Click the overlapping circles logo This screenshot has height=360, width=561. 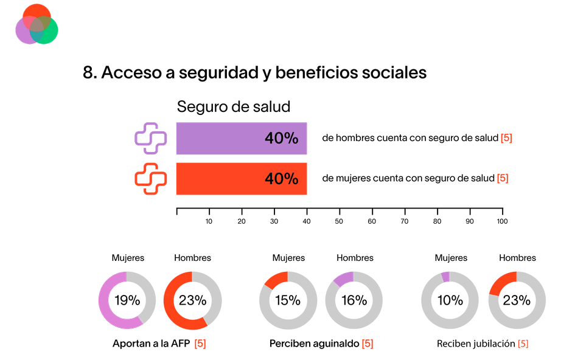pyautogui.click(x=37, y=24)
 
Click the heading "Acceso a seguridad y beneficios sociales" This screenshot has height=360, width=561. pyautogui.click(x=254, y=72)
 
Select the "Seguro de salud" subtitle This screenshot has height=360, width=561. pyautogui.click(x=233, y=107)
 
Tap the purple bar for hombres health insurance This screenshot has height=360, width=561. pyautogui.click(x=242, y=138)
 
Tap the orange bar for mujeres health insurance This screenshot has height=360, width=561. pyautogui.click(x=242, y=179)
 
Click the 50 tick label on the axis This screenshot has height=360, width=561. pyautogui.click(x=339, y=221)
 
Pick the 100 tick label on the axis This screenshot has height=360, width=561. pyautogui.click(x=501, y=221)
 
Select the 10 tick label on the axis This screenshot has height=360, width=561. pyautogui.click(x=209, y=221)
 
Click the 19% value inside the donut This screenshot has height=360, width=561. pyautogui.click(x=127, y=300)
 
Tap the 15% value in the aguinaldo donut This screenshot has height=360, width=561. pyautogui.click(x=287, y=300)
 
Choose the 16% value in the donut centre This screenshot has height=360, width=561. pyautogui.click(x=354, y=300)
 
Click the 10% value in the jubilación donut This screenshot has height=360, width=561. pyautogui.click(x=450, y=300)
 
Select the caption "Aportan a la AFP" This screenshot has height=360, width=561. pyautogui.click(x=152, y=344)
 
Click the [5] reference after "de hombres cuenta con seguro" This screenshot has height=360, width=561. pyautogui.click(x=506, y=138)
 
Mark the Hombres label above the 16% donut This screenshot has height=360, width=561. pyautogui.click(x=355, y=258)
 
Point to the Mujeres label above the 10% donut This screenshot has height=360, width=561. pyautogui.click(x=451, y=258)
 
